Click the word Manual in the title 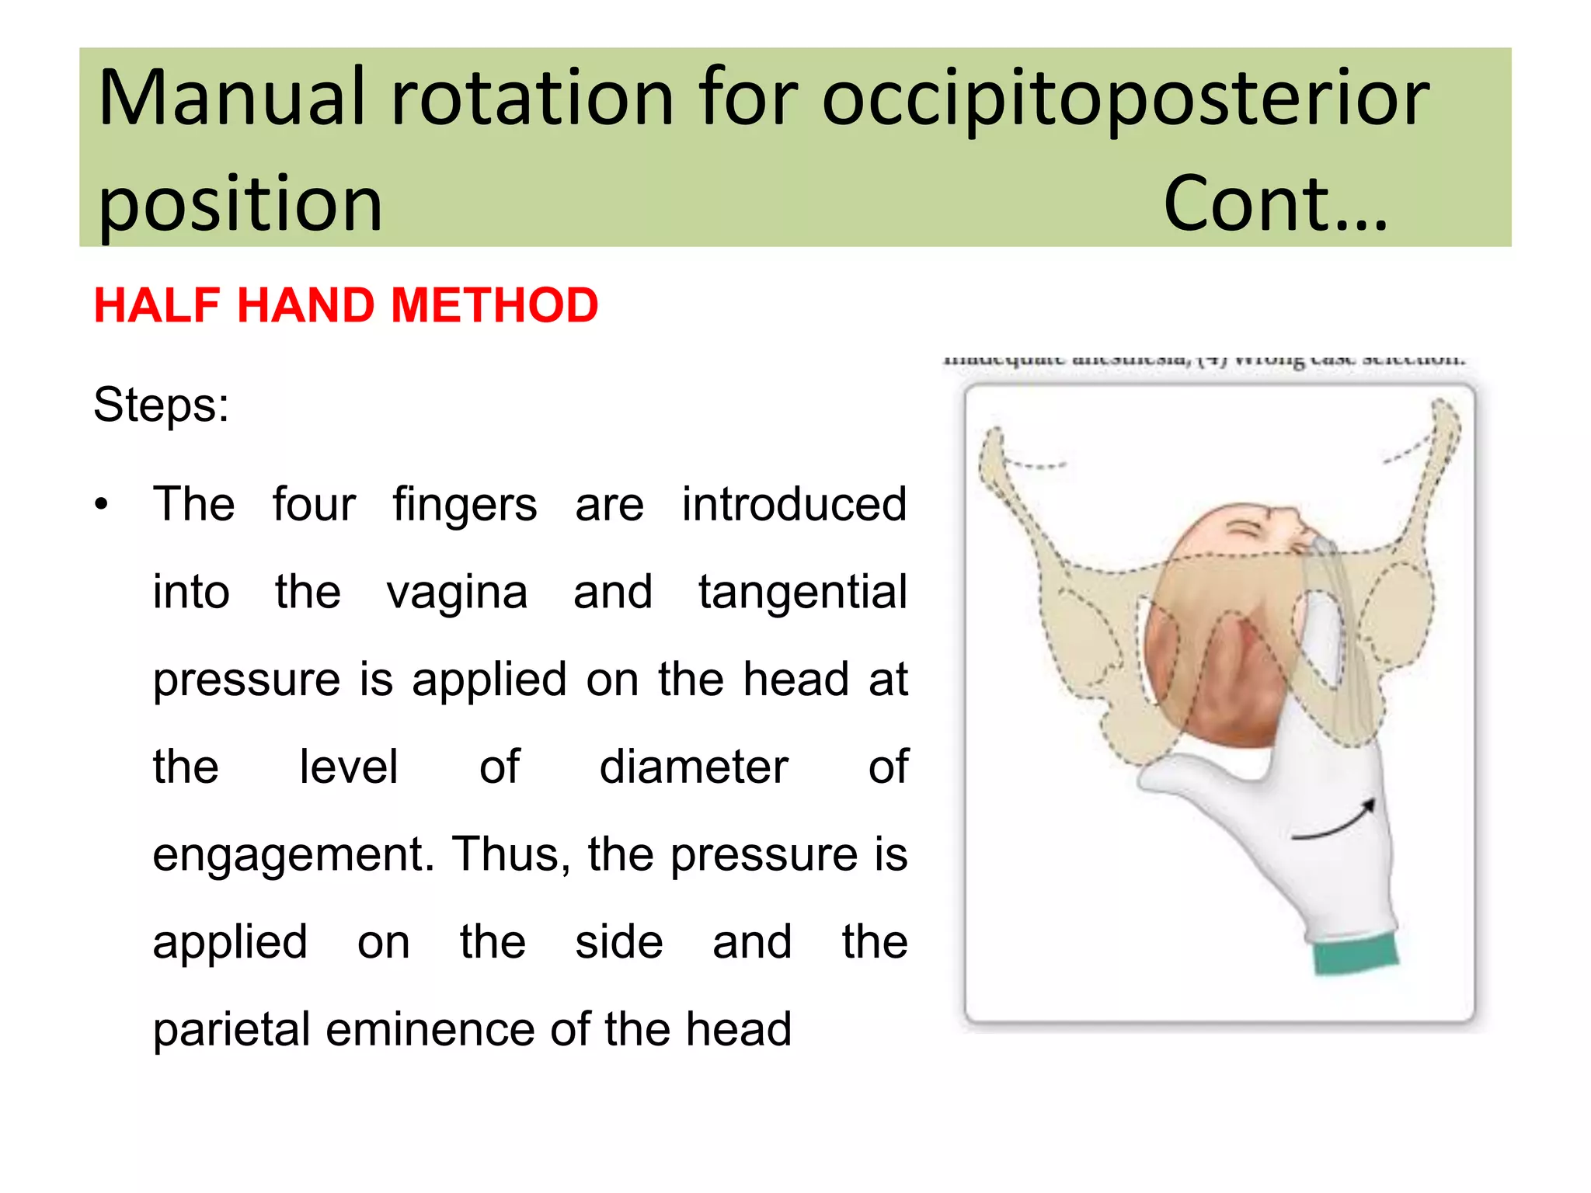click(x=232, y=99)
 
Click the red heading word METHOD click(x=495, y=305)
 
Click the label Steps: click(x=161, y=405)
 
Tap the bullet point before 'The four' click(x=102, y=505)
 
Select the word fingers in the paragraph click(x=464, y=505)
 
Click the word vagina click(x=457, y=593)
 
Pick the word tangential click(x=802, y=592)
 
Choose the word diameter click(x=694, y=767)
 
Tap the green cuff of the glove click(x=1355, y=954)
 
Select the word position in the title click(x=241, y=204)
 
